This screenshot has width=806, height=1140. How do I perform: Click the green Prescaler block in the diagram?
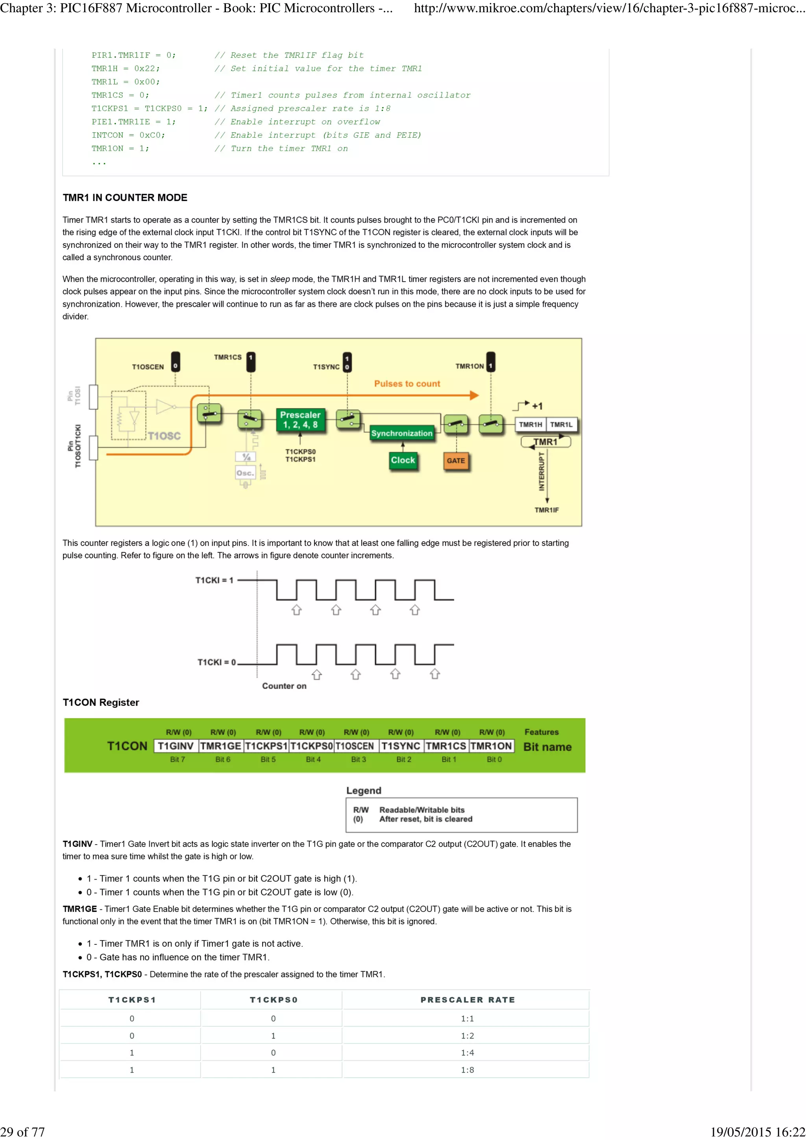[x=300, y=420]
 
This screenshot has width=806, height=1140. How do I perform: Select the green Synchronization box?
[x=401, y=433]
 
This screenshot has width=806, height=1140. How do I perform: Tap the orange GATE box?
[x=455, y=460]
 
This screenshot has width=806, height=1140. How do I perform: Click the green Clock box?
[x=402, y=460]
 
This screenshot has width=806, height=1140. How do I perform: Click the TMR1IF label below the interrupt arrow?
[x=546, y=510]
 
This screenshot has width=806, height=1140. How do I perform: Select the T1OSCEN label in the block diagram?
[x=148, y=367]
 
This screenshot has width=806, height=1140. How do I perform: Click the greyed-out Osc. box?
[x=245, y=473]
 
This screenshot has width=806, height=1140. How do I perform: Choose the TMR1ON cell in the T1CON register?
[x=491, y=746]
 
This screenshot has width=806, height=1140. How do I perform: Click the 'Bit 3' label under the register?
[x=358, y=759]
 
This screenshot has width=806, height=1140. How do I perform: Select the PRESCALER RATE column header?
[x=467, y=1000]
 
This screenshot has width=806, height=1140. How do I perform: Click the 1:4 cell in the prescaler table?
[x=467, y=1052]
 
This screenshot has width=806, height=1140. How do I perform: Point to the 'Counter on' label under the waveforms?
[x=284, y=686]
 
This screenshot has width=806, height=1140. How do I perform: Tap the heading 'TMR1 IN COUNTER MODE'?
[x=125, y=197]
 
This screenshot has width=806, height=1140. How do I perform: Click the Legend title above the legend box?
[x=364, y=790]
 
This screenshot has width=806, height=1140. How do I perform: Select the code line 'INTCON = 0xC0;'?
[x=128, y=135]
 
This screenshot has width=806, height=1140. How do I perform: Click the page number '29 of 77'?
[x=22, y=1132]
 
